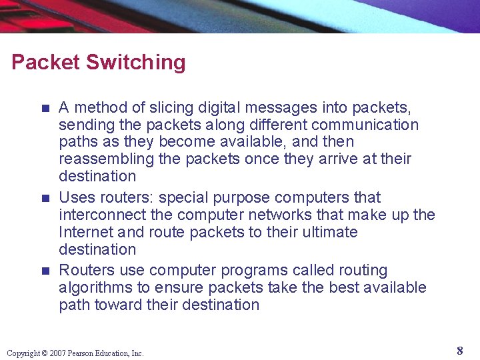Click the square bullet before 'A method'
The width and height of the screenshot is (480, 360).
tap(45, 107)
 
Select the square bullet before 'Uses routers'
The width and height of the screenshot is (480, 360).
tap(45, 198)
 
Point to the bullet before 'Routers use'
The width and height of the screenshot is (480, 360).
tap(45, 271)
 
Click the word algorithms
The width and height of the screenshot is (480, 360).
tap(95, 287)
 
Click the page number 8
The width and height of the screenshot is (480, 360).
tap(460, 351)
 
